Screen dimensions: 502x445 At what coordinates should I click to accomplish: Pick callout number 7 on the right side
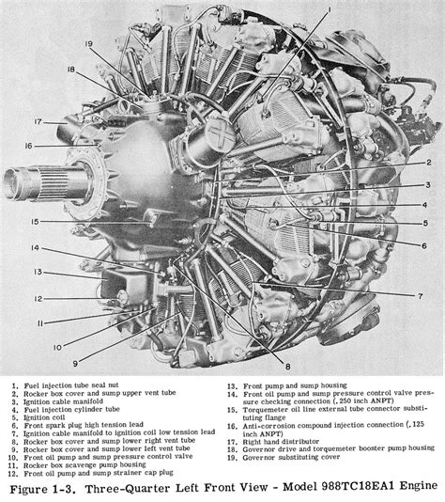click(422, 295)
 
